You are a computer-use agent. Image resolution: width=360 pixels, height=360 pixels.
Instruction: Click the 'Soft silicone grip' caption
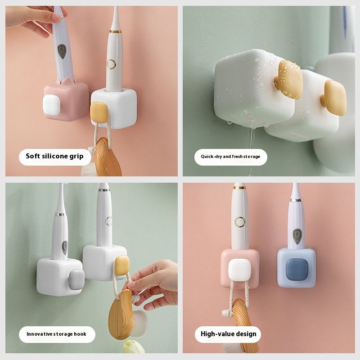(x=54, y=156)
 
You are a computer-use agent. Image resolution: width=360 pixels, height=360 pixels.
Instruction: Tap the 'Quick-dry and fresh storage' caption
(x=230, y=157)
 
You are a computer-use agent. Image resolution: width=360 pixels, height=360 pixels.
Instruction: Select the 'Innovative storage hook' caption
(x=57, y=334)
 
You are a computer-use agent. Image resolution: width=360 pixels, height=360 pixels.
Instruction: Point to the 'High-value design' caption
(x=229, y=334)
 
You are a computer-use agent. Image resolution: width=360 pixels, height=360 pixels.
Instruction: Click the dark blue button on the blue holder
(x=296, y=269)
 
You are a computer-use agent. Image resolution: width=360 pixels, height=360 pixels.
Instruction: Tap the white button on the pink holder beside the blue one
(x=239, y=270)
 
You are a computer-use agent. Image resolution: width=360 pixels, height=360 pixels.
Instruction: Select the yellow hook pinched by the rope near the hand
(x=122, y=265)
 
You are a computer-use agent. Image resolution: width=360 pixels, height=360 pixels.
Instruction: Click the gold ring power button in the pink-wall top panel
(x=111, y=64)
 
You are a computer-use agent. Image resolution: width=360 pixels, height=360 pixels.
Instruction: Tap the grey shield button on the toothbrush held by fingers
(x=62, y=51)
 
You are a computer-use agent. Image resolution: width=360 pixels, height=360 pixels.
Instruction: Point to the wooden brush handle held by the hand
(x=121, y=315)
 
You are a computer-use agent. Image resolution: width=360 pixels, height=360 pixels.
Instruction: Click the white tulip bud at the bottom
(x=134, y=346)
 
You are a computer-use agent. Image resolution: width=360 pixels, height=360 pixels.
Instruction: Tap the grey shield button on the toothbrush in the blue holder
(x=297, y=236)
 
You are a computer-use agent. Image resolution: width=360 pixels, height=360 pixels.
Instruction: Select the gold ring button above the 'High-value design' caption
(x=240, y=222)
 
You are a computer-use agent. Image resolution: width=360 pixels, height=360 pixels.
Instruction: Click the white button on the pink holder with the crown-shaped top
(x=51, y=105)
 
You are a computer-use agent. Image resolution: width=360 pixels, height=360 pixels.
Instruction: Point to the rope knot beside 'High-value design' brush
(x=228, y=313)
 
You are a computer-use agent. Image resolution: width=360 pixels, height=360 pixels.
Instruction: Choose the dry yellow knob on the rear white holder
(x=333, y=97)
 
